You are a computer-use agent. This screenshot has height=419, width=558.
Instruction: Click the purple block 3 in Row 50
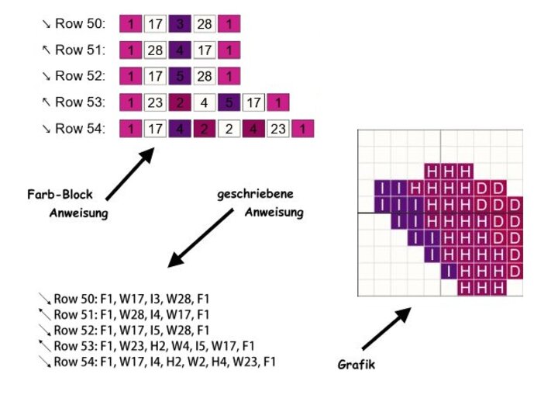[x=181, y=24]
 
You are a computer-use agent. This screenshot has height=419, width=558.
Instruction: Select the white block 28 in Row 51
[x=156, y=50]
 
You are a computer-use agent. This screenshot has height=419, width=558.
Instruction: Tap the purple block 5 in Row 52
[x=181, y=76]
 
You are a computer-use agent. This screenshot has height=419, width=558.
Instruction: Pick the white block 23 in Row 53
[x=156, y=102]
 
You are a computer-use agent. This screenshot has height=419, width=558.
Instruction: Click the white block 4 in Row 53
[x=205, y=102]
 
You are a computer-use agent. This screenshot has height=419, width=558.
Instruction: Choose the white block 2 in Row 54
[x=229, y=129]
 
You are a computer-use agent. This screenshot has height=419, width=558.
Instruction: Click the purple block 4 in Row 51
[x=181, y=50]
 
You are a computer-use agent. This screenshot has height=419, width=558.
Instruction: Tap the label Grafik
[x=356, y=364]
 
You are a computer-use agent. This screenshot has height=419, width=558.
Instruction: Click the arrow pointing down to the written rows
[x=200, y=237]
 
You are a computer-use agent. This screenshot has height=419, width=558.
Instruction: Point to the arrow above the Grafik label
[x=386, y=327]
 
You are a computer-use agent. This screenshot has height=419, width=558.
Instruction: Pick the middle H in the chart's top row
[x=449, y=171]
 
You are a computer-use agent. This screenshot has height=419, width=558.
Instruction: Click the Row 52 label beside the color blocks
[x=80, y=76]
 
